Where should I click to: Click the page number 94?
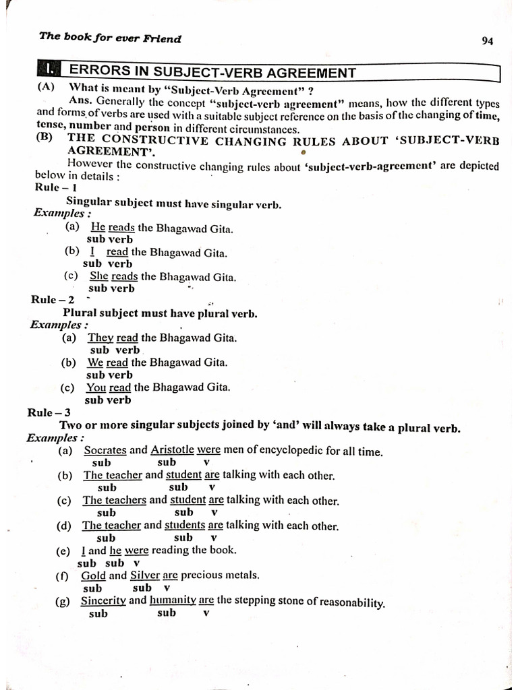pos(488,41)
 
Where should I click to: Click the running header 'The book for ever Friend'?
pos(110,38)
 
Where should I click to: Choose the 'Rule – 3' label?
pos(49,412)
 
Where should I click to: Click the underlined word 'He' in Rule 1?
pos(98,228)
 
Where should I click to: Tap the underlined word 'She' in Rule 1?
pos(98,276)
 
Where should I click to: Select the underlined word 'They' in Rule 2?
pos(100,338)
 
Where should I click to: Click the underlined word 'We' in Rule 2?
pos(94,363)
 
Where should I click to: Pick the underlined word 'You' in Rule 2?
pos(96,387)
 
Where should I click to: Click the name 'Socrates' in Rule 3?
pos(105,450)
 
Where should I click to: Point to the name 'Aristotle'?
pos(172,449)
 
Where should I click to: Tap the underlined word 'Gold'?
pos(93,575)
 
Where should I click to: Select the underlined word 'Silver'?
pos(144,575)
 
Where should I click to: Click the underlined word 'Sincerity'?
pos(103,600)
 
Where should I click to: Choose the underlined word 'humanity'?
pos(172,600)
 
